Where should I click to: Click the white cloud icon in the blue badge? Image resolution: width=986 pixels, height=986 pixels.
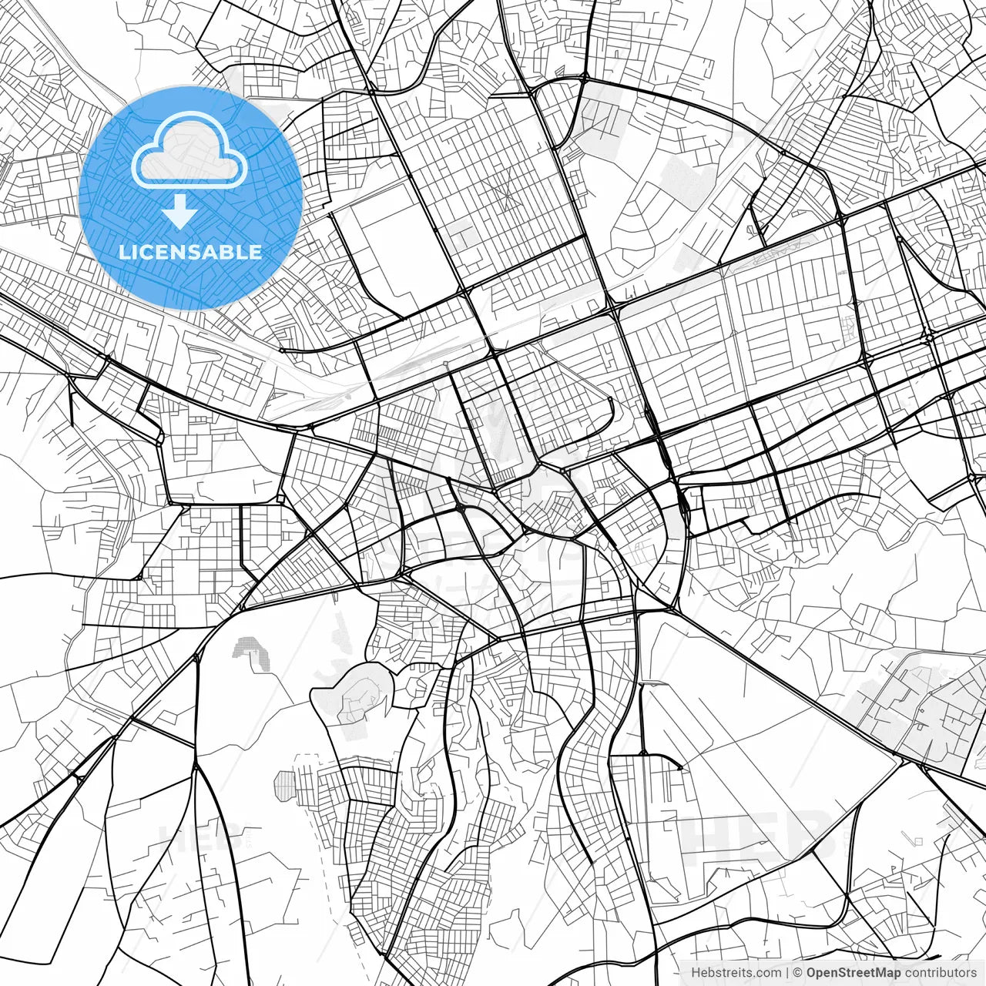pos(189,151)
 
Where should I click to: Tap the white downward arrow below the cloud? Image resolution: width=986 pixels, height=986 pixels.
pos(180,211)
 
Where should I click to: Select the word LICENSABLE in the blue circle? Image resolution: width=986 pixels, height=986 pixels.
pos(189,252)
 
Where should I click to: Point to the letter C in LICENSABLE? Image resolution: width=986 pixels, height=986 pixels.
pos(146,252)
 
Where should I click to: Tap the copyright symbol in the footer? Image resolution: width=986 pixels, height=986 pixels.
pos(798,973)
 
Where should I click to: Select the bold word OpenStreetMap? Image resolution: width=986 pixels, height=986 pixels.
pos(854,973)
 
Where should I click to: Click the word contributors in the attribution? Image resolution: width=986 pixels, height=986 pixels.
pos(940,973)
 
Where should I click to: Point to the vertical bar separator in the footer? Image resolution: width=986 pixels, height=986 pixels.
pos(787,973)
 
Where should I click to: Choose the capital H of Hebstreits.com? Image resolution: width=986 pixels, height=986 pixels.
pos(696,973)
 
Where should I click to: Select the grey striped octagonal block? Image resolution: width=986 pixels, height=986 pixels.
pos(286,786)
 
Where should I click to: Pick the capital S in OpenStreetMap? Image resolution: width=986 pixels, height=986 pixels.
pos(843,973)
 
